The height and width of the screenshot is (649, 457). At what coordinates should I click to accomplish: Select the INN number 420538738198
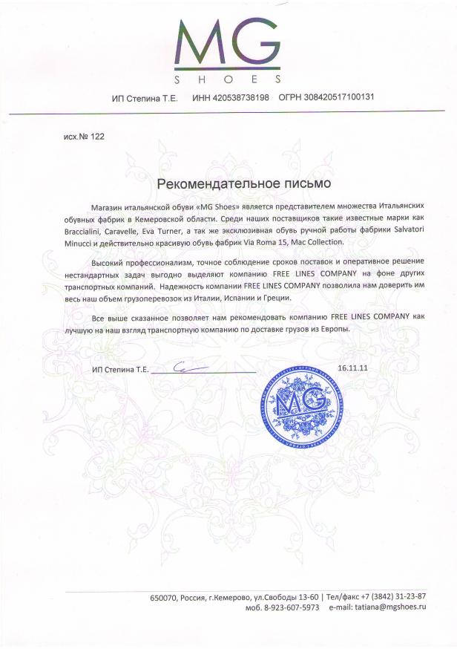point(241,97)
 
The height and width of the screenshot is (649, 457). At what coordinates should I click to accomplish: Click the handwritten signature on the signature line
point(183,365)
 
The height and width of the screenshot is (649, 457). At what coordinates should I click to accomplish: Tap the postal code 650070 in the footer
point(164,596)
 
